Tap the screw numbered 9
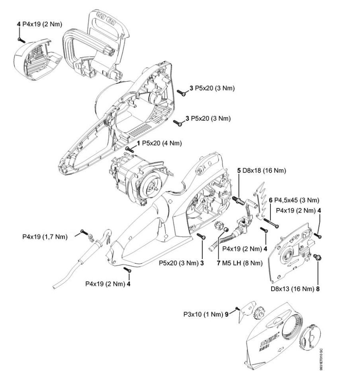pyautogui.click(x=237, y=308)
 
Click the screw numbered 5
pyautogui.click(x=238, y=198)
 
